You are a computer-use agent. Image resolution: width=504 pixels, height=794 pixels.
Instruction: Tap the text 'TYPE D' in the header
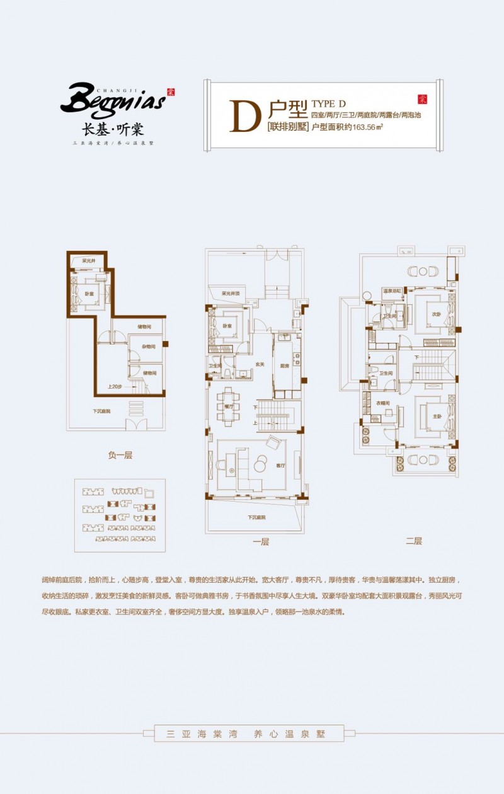pos(329,103)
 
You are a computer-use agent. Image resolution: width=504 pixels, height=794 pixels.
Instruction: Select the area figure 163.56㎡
pos(369,126)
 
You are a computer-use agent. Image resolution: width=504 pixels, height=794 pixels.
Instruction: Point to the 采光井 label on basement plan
pos(88,261)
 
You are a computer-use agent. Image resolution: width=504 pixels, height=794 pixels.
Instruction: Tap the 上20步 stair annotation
pos(115,386)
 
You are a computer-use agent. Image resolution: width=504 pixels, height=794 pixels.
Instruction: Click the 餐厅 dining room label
pos(228,407)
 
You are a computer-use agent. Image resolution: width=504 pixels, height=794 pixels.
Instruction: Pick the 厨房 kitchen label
pos(283,365)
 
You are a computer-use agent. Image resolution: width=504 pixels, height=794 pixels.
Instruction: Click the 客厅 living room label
pos(281,466)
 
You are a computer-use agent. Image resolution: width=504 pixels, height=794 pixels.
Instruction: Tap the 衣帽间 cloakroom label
pos(383,403)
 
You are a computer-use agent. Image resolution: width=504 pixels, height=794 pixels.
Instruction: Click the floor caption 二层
pos(413,541)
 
